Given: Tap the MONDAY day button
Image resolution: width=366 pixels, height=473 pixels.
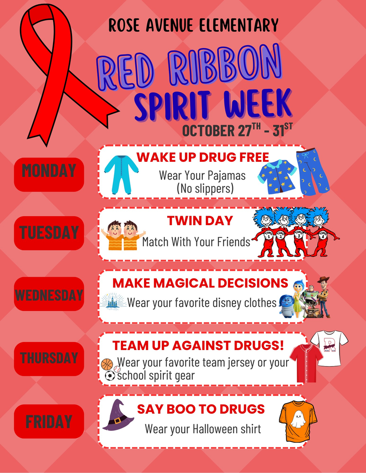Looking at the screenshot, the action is [x=49, y=175].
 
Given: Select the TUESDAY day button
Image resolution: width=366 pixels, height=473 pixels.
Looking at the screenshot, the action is [x=49, y=233].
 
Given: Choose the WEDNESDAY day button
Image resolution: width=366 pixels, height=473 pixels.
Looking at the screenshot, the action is [x=49, y=294].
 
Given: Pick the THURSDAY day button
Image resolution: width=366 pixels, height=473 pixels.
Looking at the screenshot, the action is [x=49, y=359].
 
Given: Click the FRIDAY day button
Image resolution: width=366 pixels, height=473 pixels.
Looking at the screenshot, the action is [x=49, y=421].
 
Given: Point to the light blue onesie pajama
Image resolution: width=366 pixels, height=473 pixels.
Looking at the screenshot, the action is [x=121, y=175].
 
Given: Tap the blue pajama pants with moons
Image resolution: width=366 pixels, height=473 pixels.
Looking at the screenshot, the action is [x=312, y=171].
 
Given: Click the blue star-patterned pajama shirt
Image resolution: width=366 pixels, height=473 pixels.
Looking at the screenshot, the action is [x=277, y=177].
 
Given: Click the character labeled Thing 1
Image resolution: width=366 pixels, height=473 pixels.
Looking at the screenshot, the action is [x=265, y=232].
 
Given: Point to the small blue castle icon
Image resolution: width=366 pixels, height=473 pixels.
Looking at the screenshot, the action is [x=113, y=301].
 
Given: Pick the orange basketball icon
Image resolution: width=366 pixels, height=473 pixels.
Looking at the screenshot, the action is [x=107, y=364].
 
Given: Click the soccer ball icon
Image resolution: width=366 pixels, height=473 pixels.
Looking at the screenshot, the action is [x=110, y=376].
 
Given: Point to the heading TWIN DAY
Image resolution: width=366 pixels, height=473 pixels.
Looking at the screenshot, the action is [x=200, y=221].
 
